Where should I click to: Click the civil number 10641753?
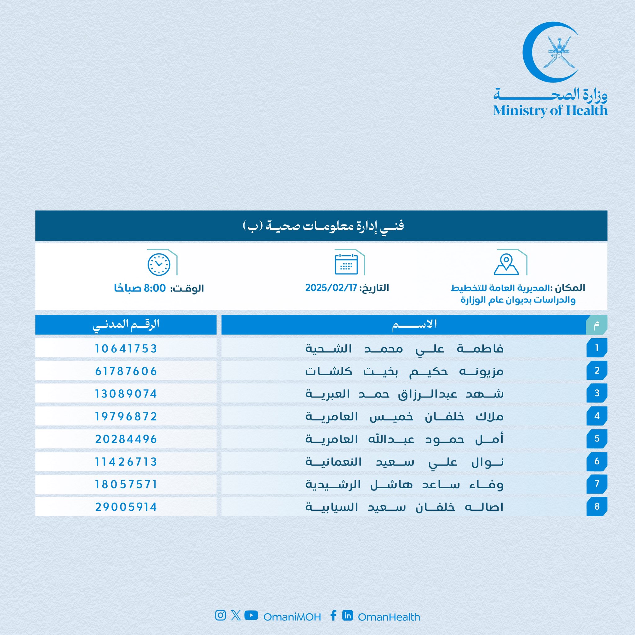click(x=126, y=349)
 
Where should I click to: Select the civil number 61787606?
click(x=126, y=371)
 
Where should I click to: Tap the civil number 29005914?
click(x=126, y=507)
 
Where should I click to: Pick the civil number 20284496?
click(x=126, y=439)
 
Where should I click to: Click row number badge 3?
click(x=597, y=393)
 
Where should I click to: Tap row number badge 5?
click(x=597, y=438)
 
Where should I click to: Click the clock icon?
click(x=159, y=264)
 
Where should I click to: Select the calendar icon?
click(x=346, y=264)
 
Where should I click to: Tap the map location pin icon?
click(x=506, y=264)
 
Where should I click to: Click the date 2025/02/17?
click(x=331, y=288)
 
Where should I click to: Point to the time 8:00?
click(x=155, y=288)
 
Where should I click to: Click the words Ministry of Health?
click(x=550, y=111)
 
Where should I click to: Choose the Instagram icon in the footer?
click(x=220, y=615)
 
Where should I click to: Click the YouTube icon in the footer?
click(x=251, y=615)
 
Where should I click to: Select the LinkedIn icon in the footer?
click(x=347, y=615)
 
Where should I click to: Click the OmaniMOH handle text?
click(x=292, y=617)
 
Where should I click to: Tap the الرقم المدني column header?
click(x=126, y=325)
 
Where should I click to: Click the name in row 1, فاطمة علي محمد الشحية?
click(x=404, y=349)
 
